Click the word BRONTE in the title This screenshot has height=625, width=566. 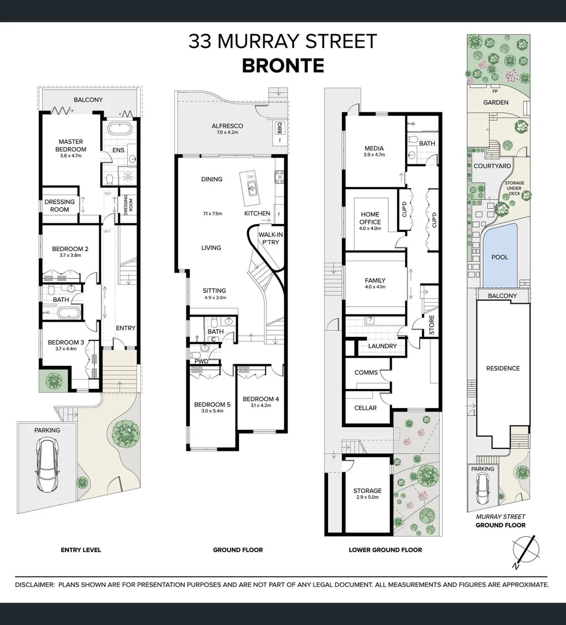click(282, 65)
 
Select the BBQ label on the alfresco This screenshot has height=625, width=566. click(280, 128)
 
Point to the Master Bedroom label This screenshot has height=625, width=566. click(71, 145)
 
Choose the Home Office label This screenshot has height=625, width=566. click(370, 218)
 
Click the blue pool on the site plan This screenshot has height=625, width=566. click(499, 257)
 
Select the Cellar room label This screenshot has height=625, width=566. click(365, 408)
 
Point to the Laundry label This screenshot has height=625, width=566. click(383, 346)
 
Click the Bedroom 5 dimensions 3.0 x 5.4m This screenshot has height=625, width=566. click(212, 412)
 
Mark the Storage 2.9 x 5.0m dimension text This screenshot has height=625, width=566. click(367, 498)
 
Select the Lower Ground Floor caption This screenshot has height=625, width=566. click(385, 550)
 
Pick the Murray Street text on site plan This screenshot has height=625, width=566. click(501, 517)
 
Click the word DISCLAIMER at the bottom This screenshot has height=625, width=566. click(34, 585)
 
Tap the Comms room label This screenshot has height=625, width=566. click(366, 373)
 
